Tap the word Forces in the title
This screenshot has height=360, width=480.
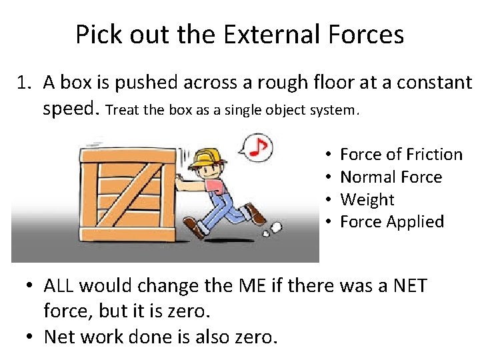coord(371,35)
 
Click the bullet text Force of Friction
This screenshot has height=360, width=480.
coord(401,155)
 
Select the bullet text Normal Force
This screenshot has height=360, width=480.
coord(391,177)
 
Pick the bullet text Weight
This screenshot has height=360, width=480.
coord(367,200)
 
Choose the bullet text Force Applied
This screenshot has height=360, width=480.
coord(391,222)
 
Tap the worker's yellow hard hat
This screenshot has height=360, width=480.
coord(205,157)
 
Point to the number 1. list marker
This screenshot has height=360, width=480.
coord(25,83)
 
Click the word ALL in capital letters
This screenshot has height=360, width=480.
coord(59,286)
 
